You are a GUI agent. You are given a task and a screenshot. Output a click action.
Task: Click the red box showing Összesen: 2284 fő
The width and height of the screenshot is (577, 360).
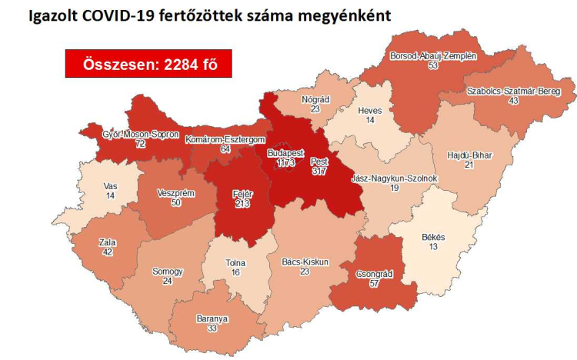[148, 65]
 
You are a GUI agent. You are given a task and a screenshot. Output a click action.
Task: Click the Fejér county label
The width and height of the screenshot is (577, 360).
[242, 194]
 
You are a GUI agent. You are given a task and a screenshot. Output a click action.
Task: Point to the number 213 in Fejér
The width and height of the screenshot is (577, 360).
[242, 205]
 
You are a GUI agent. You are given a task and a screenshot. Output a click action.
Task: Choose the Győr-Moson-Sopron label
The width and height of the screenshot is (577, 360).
[140, 134]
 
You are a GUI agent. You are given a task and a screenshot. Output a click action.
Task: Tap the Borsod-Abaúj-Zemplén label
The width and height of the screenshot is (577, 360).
[434, 56]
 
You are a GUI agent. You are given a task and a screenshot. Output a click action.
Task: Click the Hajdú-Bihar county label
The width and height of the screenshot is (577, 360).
[469, 155]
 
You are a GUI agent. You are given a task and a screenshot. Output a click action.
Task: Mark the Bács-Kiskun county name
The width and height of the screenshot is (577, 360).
[305, 262]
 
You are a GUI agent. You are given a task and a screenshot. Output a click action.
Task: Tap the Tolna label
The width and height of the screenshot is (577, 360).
[235, 262]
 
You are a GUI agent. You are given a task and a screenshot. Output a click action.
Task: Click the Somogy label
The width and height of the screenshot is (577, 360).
[168, 272]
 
